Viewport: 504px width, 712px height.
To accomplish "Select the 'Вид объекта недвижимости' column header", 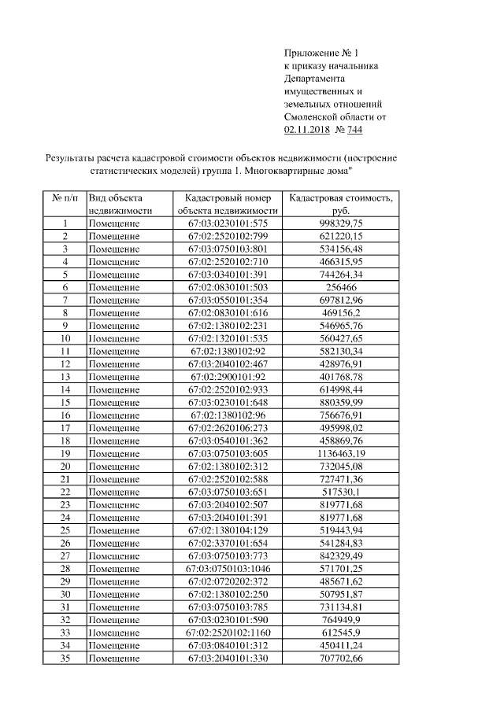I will coord(120,205).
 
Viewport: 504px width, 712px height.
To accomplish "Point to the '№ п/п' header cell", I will coord(65,199).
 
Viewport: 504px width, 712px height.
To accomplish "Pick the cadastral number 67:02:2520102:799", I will coord(228,236).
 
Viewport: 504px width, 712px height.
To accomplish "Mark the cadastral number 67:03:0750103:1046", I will coord(228,568).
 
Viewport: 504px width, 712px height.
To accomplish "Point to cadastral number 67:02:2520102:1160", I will coord(228,632).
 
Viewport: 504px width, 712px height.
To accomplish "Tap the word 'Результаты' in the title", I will coord(71,157).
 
